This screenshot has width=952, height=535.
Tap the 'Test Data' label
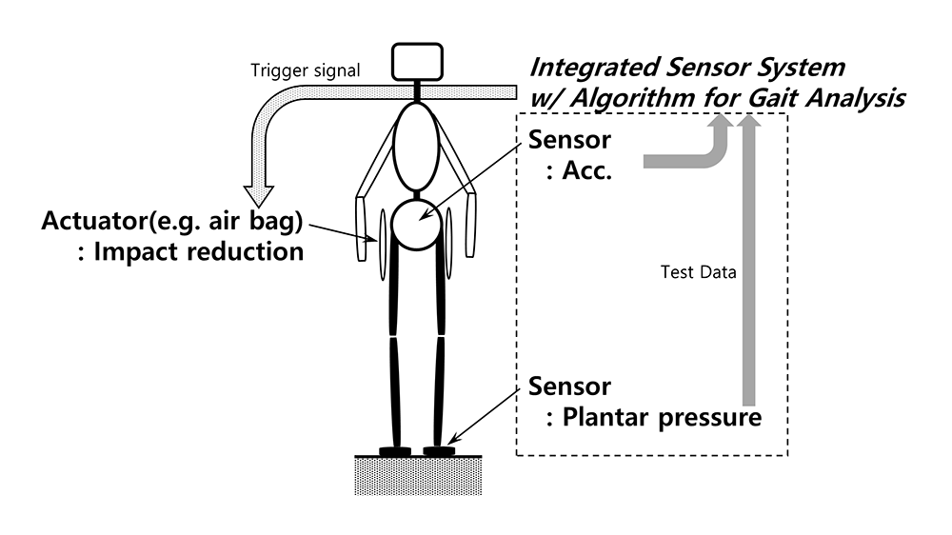(699, 272)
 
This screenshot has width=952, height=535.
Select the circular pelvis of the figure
(417, 224)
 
